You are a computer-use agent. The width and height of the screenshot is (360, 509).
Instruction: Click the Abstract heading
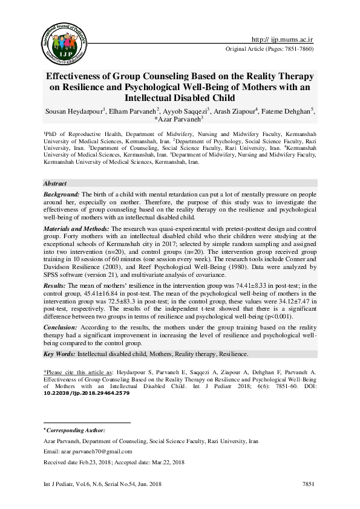[54, 183]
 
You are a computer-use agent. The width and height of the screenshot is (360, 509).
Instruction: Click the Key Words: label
[59, 354]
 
